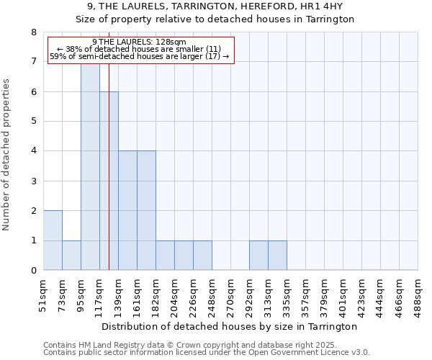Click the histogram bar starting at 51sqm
coord(53,240)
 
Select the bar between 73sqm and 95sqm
coord(71,256)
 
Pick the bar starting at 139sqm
coord(127,210)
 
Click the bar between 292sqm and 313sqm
coord(258,256)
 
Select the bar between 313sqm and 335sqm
coord(277,256)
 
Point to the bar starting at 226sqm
coord(202,256)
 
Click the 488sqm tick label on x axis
coord(418,294)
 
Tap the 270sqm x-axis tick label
coord(230,294)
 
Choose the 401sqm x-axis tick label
coord(343,294)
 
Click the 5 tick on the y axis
coord(33,122)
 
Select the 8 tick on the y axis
coord(33,32)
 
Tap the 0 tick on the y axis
coord(33,271)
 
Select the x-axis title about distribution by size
coord(229,326)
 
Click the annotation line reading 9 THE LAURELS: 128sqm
coord(140,42)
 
